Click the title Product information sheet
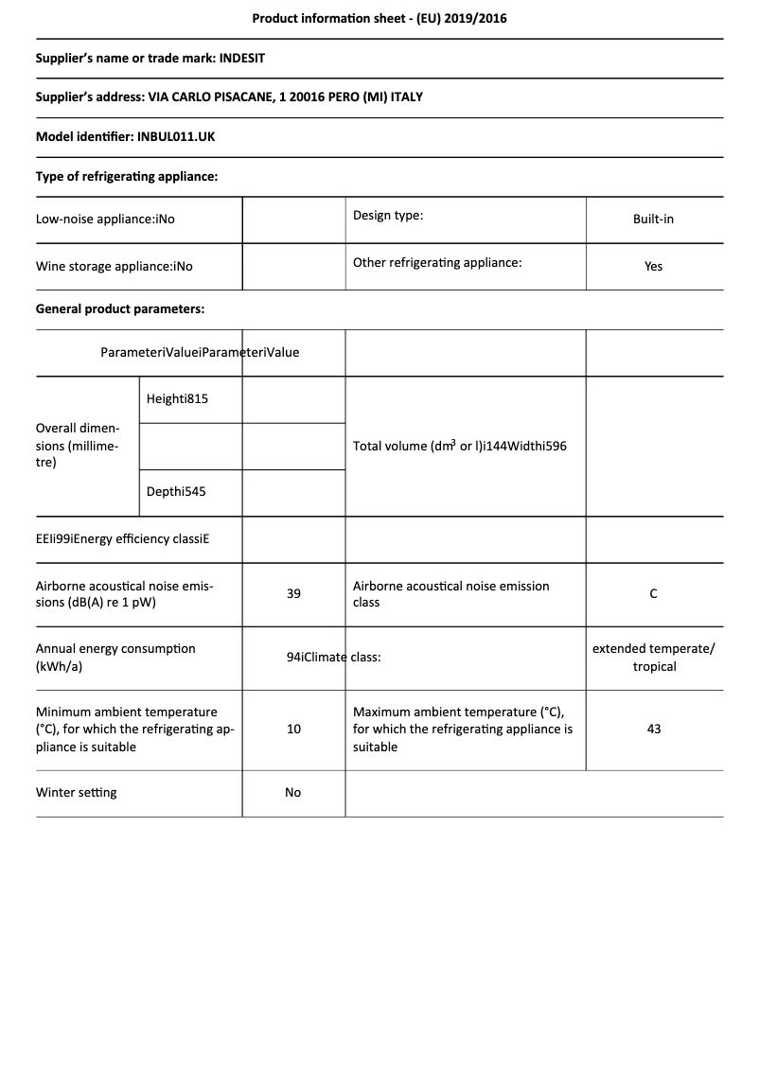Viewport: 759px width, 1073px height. [x=379, y=18]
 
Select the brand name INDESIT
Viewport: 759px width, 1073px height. [x=242, y=58]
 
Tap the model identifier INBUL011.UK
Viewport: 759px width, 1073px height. [x=176, y=136]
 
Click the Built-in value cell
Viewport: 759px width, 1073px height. [x=653, y=219]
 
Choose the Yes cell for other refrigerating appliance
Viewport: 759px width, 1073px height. [x=653, y=266]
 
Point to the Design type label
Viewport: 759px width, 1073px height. [x=388, y=215]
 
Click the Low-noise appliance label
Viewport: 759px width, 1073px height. [x=105, y=219]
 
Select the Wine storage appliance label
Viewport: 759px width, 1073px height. [x=114, y=266]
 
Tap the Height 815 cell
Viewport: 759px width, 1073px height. [x=177, y=398]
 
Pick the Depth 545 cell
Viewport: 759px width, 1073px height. [x=176, y=492]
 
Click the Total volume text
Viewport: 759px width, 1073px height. [x=460, y=446]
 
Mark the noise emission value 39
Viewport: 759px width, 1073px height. [x=293, y=593]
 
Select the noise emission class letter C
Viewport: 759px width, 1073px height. [x=653, y=593]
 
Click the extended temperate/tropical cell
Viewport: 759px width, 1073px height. [x=654, y=657]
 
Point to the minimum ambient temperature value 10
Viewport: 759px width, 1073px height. [x=293, y=729]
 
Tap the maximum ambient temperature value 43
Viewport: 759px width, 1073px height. [x=653, y=729]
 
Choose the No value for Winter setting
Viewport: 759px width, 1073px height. [x=293, y=792]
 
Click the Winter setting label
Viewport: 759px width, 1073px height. [x=77, y=792]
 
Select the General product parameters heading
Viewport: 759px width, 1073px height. [x=120, y=308]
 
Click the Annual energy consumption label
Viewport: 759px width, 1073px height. [x=115, y=657]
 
